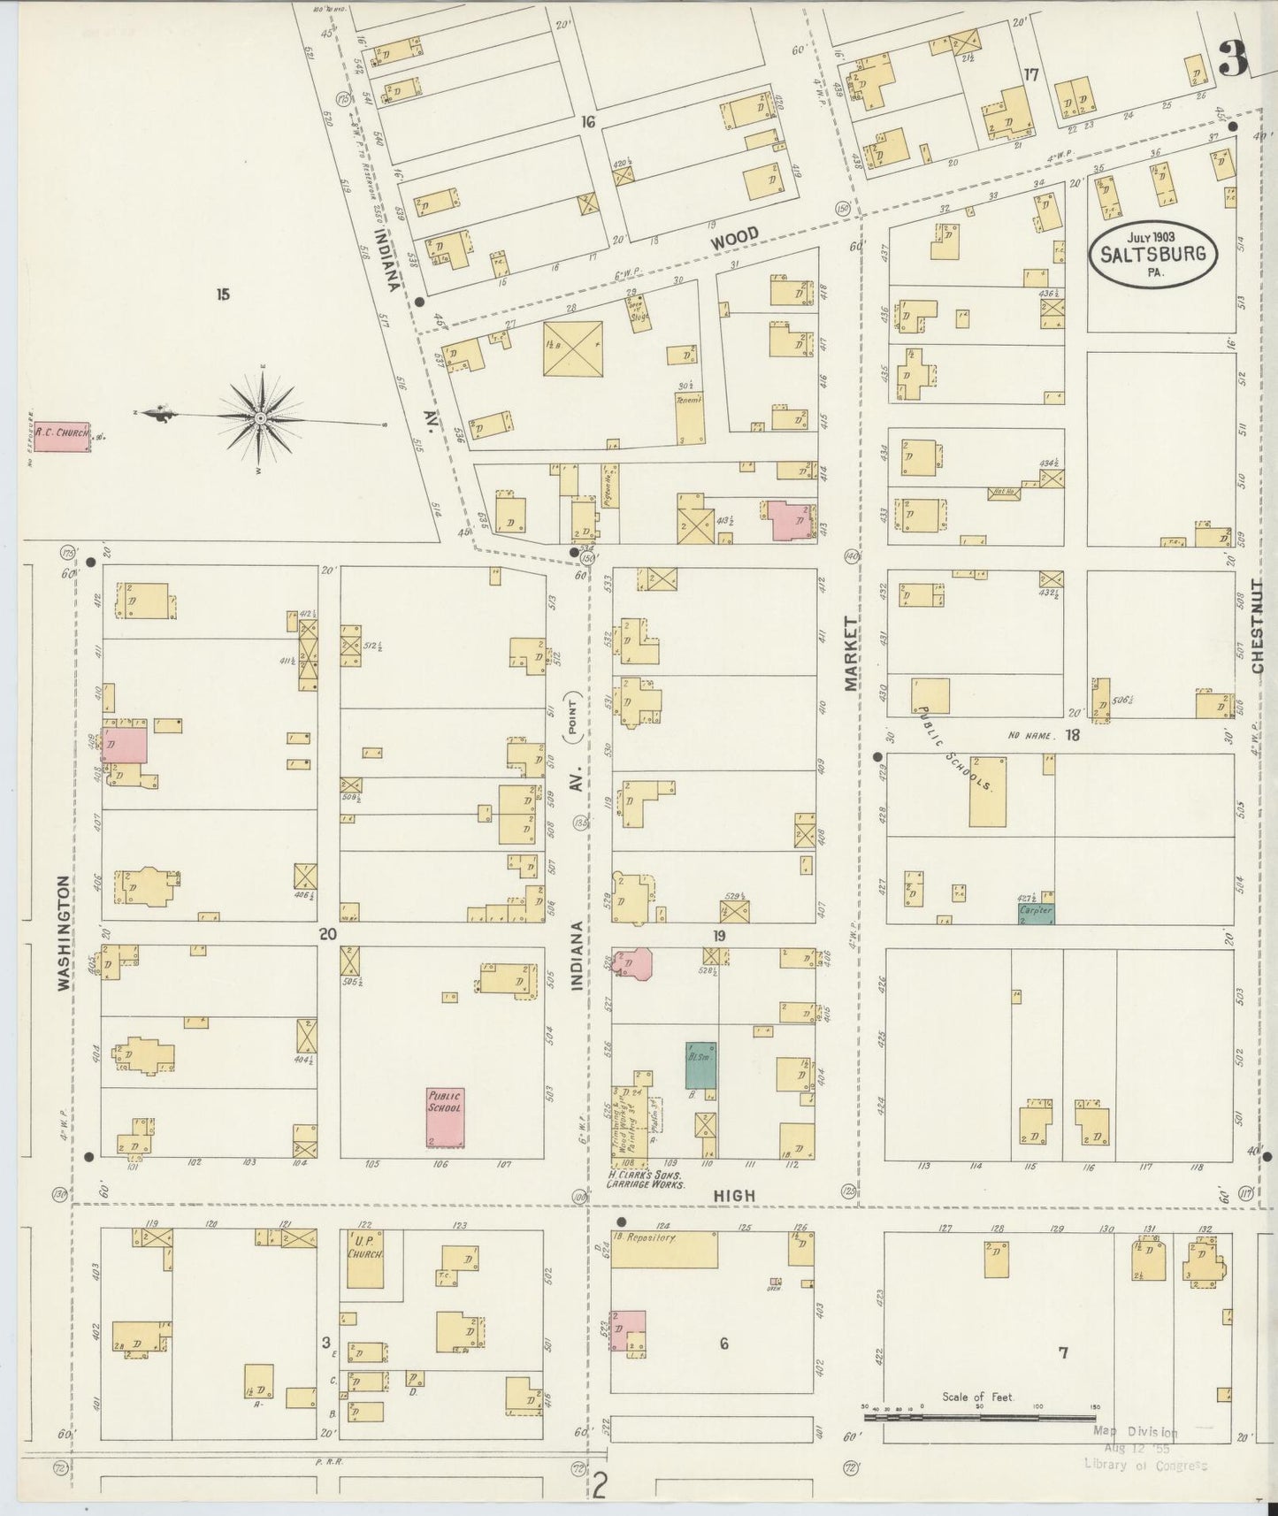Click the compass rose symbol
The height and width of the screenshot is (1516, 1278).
[x=261, y=417]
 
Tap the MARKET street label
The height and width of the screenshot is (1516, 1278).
[x=851, y=655]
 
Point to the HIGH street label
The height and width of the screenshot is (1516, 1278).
[x=735, y=1195]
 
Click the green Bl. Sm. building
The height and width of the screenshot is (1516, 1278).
[x=700, y=1065]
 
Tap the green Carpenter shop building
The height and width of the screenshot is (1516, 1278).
[x=1036, y=913]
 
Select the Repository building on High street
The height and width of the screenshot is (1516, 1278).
[x=663, y=1248]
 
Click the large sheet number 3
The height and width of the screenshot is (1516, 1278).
[x=1232, y=60]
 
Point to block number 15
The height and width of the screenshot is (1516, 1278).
[x=222, y=295]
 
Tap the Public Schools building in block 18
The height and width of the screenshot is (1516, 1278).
[x=988, y=791]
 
